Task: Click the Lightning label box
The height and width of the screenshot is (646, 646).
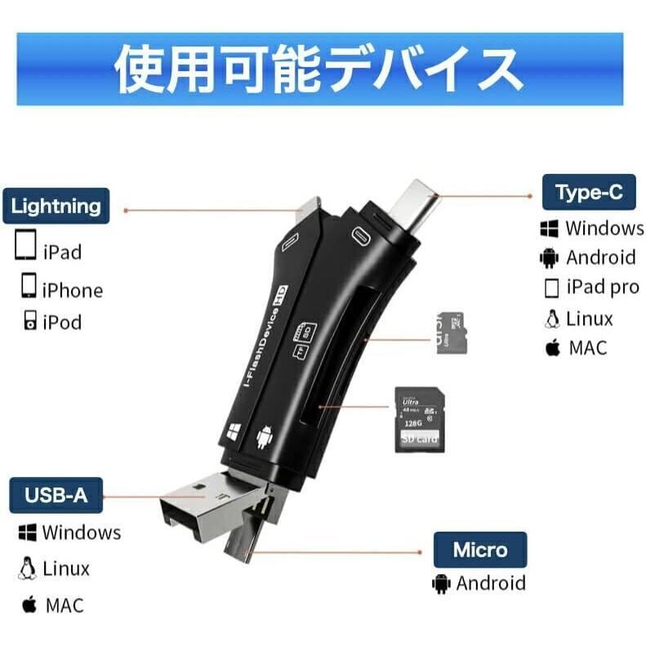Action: click(x=56, y=206)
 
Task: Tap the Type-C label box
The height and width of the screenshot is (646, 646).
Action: click(x=589, y=193)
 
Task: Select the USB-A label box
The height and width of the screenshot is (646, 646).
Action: click(x=56, y=495)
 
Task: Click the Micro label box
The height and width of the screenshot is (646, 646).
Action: click(x=479, y=550)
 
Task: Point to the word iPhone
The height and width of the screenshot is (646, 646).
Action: click(x=73, y=291)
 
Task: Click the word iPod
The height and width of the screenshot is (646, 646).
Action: click(x=62, y=323)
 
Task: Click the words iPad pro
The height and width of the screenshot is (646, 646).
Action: click(x=603, y=287)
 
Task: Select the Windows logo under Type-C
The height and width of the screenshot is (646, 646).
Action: click(x=549, y=228)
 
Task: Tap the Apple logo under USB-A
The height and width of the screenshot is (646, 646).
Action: click(x=29, y=605)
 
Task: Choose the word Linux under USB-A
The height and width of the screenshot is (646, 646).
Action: click(x=66, y=568)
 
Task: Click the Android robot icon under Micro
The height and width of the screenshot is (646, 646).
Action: click(x=442, y=584)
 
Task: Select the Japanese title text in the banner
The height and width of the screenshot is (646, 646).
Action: click(x=319, y=69)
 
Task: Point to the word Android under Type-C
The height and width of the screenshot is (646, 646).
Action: click(x=600, y=258)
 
